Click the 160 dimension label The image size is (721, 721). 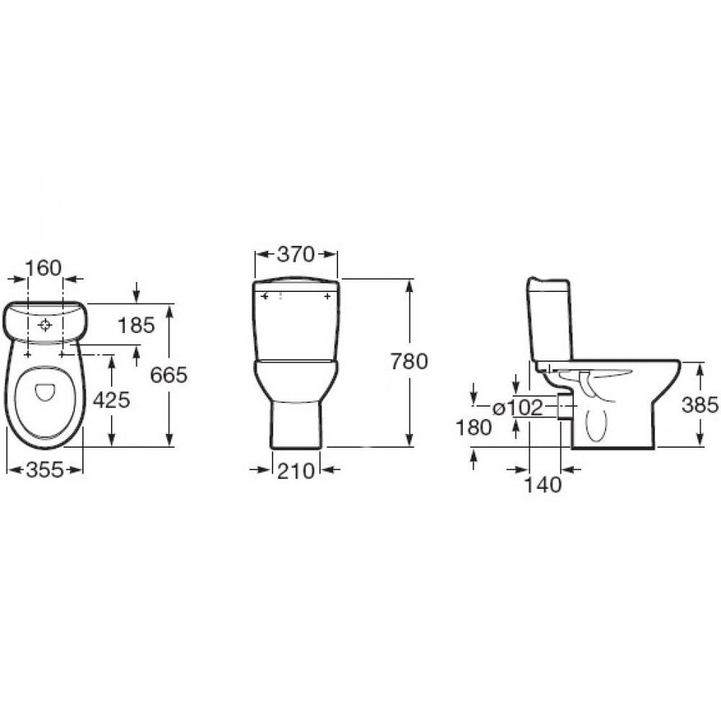[43, 268]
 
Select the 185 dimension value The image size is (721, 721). [136, 326]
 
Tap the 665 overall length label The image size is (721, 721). [169, 375]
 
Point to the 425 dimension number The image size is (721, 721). [112, 400]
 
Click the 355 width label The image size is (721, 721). [45, 469]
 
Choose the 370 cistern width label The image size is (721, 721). [296, 255]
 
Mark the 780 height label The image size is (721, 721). [409, 361]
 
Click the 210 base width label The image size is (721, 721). [296, 470]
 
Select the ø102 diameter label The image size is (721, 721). [518, 407]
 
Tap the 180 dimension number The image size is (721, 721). [474, 428]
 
